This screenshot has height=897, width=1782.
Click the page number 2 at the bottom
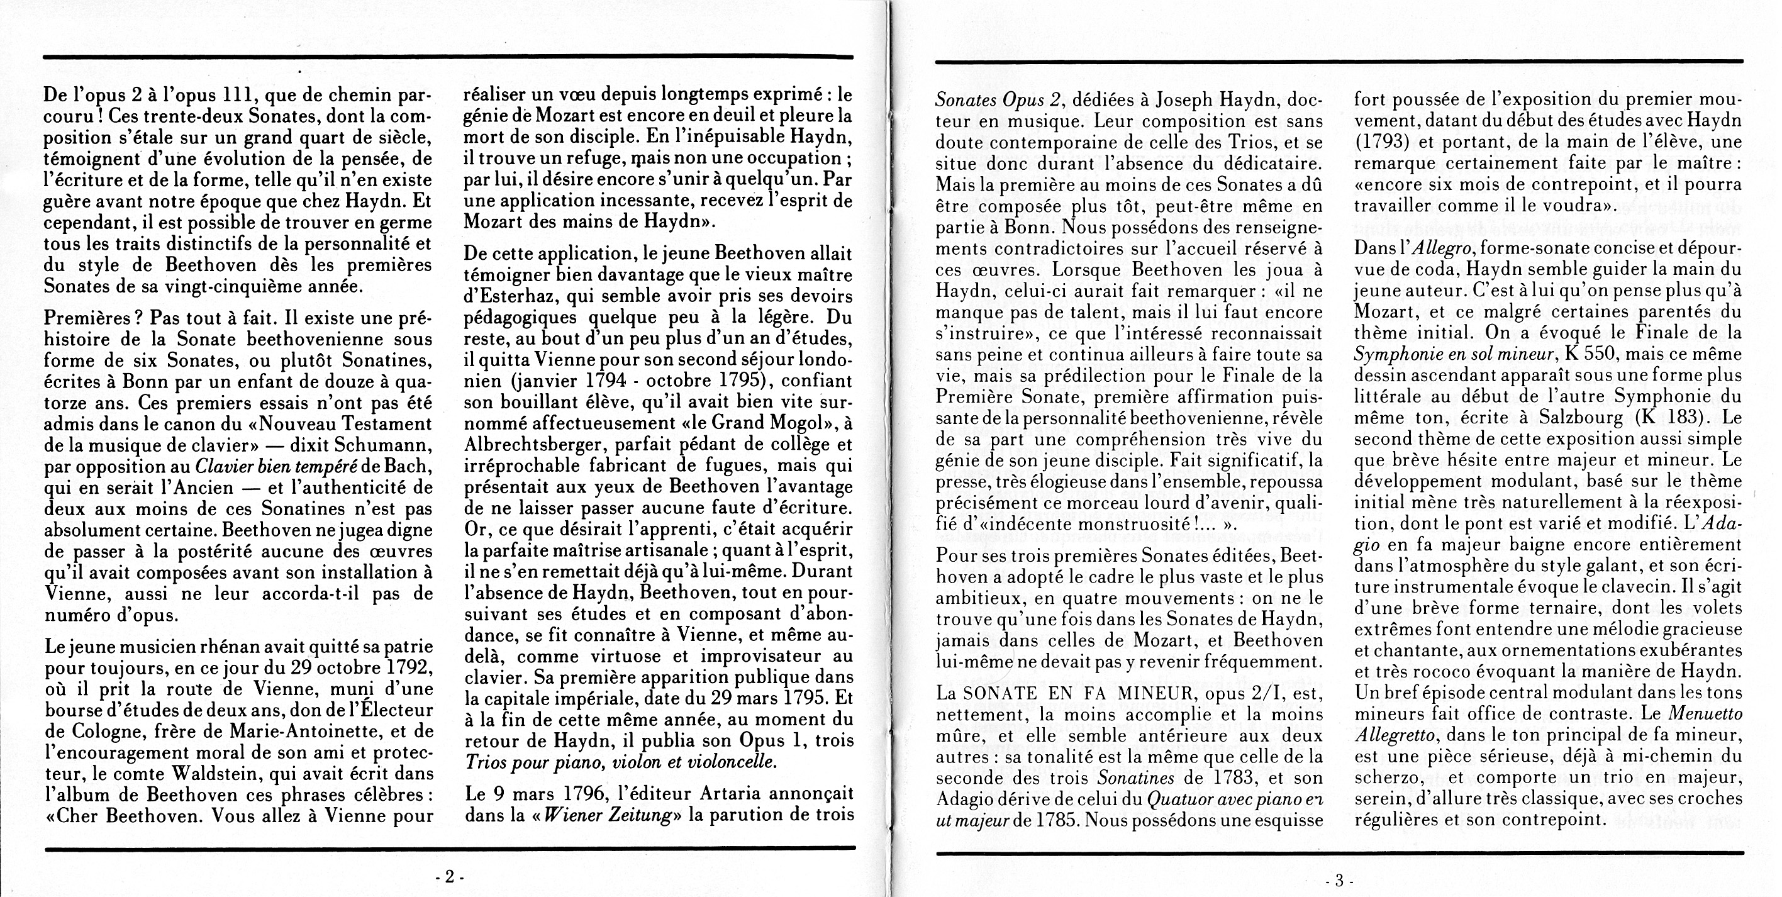[449, 877]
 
